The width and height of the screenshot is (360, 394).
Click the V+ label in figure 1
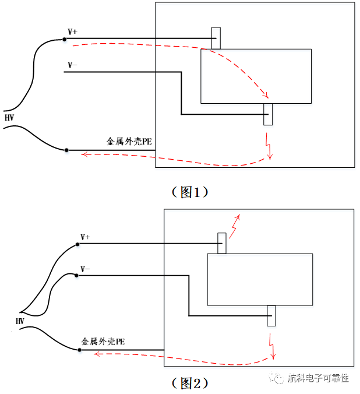[x=73, y=31]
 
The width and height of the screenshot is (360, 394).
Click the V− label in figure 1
[x=72, y=65]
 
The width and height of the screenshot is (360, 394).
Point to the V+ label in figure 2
[x=85, y=237]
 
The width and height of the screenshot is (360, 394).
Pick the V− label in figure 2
[x=85, y=269]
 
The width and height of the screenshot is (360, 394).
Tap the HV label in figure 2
[x=20, y=321]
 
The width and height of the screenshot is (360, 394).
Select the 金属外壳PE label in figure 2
[x=104, y=341]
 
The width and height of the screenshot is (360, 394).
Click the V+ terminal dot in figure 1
[x=65, y=39]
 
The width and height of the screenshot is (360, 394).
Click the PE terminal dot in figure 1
[x=67, y=150]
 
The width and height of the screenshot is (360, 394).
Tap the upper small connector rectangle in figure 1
[x=216, y=38]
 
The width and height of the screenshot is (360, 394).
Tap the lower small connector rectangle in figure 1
[x=268, y=114]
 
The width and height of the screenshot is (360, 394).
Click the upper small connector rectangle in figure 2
[x=222, y=243]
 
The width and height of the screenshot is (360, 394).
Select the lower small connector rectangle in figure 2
[x=271, y=315]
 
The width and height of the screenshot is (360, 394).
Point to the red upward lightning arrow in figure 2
[x=235, y=225]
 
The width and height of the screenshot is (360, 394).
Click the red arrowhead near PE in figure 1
[x=84, y=154]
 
